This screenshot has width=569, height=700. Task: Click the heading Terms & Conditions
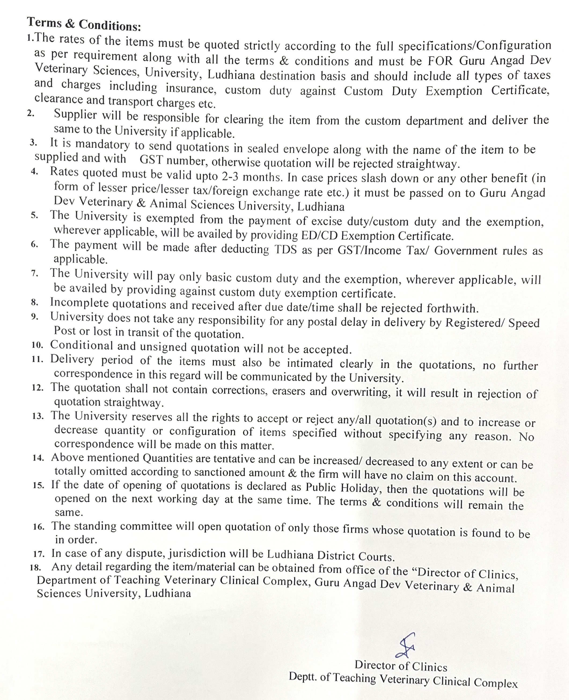pyautogui.click(x=84, y=24)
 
